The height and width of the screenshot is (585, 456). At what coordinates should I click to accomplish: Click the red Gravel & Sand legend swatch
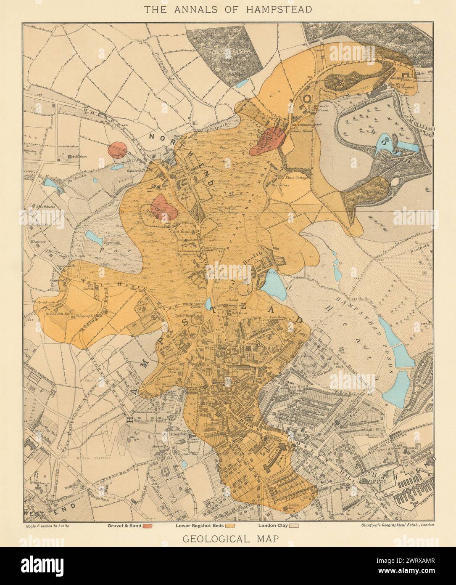coord(147,526)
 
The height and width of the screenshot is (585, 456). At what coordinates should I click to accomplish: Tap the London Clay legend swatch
coord(295,526)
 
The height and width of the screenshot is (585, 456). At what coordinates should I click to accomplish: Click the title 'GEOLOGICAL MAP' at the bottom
coord(228,538)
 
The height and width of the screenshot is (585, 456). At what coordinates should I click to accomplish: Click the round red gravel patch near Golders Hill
coord(118,150)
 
